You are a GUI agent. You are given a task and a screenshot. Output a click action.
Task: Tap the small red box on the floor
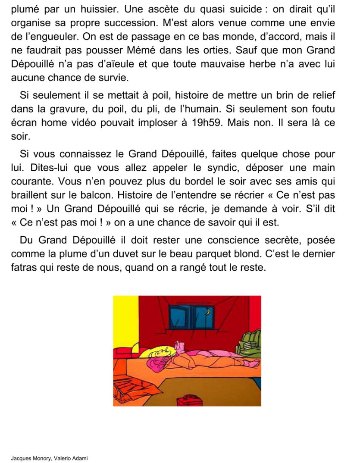pyautogui.click(x=190, y=400)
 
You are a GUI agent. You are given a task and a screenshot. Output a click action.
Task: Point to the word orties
pyautogui.click(x=263, y=50)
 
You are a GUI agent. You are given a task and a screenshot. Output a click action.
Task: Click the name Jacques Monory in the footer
pyautogui.click(x=29, y=458)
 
